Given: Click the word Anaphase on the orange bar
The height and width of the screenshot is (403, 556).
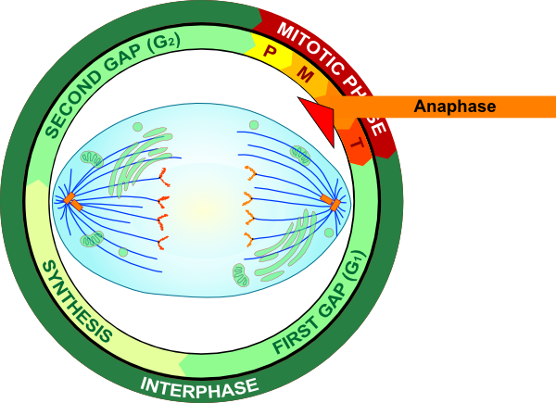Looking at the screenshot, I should [x=455, y=107].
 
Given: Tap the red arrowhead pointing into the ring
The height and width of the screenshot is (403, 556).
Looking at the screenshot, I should [x=316, y=112].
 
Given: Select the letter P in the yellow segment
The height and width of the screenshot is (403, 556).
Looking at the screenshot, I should [x=270, y=51].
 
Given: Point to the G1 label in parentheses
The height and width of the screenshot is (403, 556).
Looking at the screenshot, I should [x=351, y=270].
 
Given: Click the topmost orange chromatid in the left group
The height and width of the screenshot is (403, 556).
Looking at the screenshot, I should [x=163, y=174].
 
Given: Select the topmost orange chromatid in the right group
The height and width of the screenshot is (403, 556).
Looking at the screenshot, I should [x=248, y=171].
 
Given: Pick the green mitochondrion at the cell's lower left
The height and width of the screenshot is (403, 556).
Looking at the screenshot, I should [x=93, y=241].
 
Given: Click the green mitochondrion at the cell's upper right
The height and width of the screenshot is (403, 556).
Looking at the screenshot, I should [x=298, y=154].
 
